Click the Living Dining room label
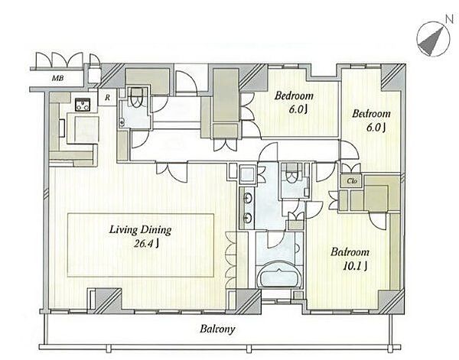pos(140,230)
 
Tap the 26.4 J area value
pos(146,244)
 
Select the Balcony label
pos(217,329)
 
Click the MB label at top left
pos(57,79)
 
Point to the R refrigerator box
pos(107,97)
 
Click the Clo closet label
pos(352,181)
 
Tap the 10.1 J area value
pos(355,266)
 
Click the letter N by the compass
pos(449,19)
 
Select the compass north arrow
pos(431,41)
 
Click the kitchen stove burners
pos(83,105)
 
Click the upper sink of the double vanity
pos(248,199)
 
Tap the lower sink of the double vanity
pos(248,218)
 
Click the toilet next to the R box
pos(136,97)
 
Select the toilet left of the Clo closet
pos(291,174)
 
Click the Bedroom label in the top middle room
pos(294,96)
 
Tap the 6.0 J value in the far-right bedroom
pos(376,128)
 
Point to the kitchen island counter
pos(83,128)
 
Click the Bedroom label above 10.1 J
pos(350,252)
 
